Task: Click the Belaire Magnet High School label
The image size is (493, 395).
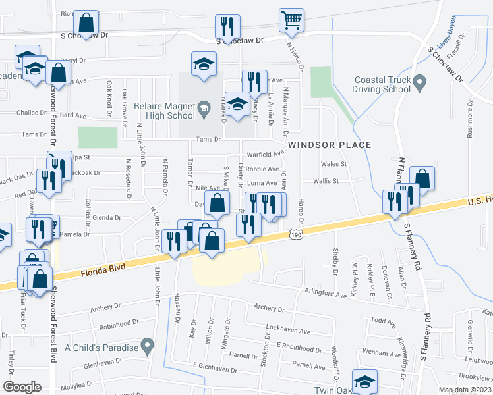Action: [x=162, y=111]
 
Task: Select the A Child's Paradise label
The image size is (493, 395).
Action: [x=101, y=347]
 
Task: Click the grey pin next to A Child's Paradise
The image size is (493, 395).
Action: [x=148, y=344]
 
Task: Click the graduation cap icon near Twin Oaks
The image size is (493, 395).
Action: [x=364, y=382]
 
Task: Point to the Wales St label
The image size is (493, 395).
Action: [x=333, y=164]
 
